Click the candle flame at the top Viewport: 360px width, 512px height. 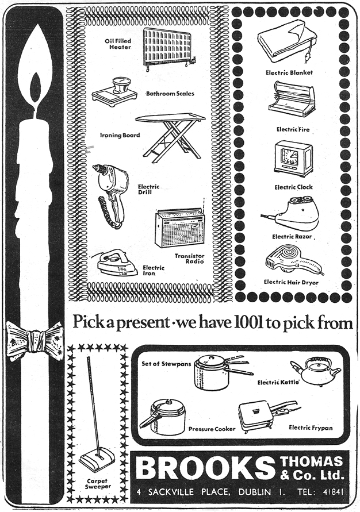[35, 72]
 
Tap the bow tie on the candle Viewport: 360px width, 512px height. [35, 339]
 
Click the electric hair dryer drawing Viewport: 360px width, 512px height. [290, 260]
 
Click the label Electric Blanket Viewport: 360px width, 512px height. [289, 73]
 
